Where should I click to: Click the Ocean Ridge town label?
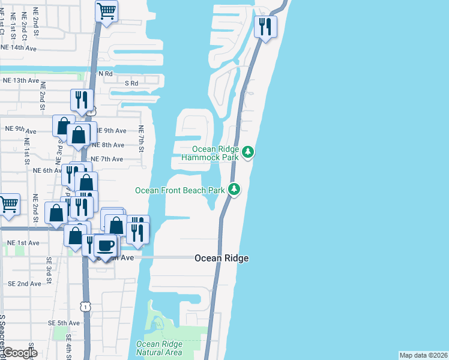pos(221,258)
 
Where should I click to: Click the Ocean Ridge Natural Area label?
pos(159,348)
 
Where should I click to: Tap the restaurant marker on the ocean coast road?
pos(265,26)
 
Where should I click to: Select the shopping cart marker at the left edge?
pos(9,205)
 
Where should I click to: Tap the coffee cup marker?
pos(106,246)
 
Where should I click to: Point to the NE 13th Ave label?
pos(21,80)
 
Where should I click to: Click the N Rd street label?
pos(106,73)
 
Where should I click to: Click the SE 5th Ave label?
pos(64,323)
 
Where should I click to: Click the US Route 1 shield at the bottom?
pos(88,307)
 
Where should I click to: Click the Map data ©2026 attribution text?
pos(423,355)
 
